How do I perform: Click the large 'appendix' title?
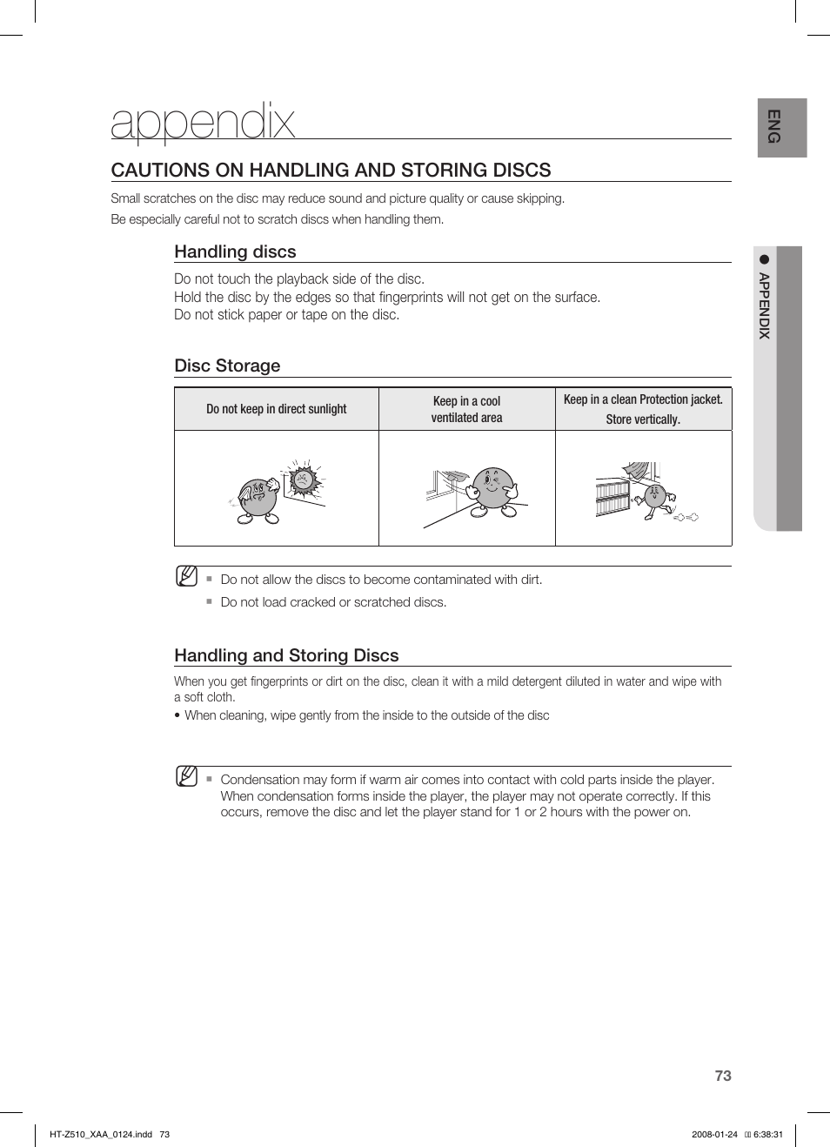[203, 122]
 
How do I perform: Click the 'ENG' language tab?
[773, 127]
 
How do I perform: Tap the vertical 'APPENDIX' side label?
[764, 305]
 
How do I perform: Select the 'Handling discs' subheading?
[235, 252]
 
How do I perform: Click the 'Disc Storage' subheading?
[227, 366]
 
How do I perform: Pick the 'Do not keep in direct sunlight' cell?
[276, 409]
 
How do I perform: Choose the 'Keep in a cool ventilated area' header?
[466, 409]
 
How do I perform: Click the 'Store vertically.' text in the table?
[643, 419]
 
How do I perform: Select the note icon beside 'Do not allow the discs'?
[186, 576]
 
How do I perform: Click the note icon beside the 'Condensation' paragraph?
[186, 776]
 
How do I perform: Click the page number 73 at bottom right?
[722, 1076]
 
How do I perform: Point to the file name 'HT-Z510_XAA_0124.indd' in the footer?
[101, 1134]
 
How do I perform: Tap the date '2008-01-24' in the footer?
[714, 1134]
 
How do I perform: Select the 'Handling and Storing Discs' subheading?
[286, 655]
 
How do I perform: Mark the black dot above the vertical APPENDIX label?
[765, 258]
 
